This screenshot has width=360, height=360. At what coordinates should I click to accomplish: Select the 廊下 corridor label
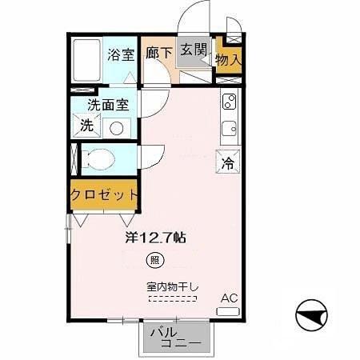[x=159, y=54]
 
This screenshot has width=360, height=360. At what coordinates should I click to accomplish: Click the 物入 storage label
[x=228, y=60]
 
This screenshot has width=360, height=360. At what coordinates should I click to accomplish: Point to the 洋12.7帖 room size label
[x=155, y=238]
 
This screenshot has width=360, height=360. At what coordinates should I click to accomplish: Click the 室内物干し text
[x=172, y=286]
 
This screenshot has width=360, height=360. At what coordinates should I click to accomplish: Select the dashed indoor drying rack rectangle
[x=172, y=299]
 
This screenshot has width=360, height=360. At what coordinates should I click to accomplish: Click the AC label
[x=230, y=297]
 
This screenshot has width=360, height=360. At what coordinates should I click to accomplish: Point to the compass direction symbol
[x=311, y=317]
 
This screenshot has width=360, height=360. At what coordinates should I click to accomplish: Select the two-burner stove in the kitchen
[x=229, y=102]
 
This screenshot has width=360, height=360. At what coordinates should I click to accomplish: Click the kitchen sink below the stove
[x=229, y=127]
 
